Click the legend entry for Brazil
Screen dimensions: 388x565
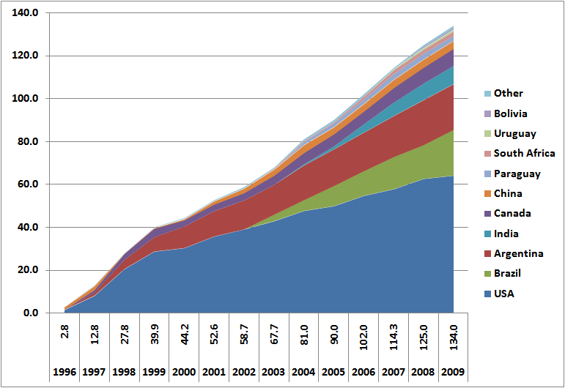tap(508, 274)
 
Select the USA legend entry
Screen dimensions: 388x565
tap(504, 294)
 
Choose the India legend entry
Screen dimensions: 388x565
tap(505, 234)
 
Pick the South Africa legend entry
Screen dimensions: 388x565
tap(524, 153)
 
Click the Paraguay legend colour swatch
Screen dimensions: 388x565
tap(487, 174)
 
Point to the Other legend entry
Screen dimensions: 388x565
tap(508, 93)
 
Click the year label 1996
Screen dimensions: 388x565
tap(64, 373)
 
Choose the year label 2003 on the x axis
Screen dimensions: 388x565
tap(273, 373)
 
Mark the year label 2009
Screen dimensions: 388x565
tap(452, 373)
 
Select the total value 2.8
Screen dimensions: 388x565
tap(64, 340)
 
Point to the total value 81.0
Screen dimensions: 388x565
tap(303, 340)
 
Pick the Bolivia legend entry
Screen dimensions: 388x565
tap(510, 113)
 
